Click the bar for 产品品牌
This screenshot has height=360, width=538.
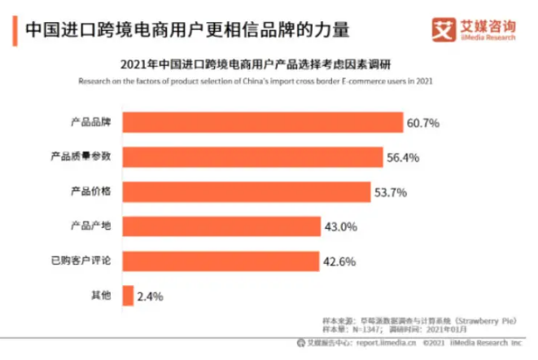pyautogui.click(x=262, y=122)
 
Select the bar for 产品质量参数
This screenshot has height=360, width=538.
pyautogui.click(x=252, y=156)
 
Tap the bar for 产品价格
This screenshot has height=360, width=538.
pyautogui.click(x=246, y=191)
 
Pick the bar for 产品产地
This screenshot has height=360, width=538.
pyautogui.click(x=221, y=226)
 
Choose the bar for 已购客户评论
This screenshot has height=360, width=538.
pyautogui.click(x=220, y=261)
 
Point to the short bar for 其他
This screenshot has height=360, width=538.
pyautogui.click(x=127, y=296)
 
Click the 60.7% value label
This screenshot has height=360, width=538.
pyautogui.click(x=423, y=123)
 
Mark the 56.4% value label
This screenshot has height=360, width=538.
pyautogui.click(x=403, y=157)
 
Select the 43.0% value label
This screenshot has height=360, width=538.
pyautogui.click(x=340, y=227)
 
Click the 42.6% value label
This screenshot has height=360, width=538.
pyautogui.click(x=339, y=261)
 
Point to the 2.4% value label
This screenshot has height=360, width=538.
pyautogui.click(x=150, y=296)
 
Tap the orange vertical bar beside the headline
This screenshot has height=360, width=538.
pyautogui.click(x=18, y=31)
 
